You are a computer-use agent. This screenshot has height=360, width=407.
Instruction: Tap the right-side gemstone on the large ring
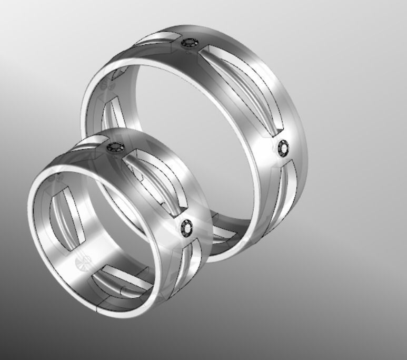point(283,149)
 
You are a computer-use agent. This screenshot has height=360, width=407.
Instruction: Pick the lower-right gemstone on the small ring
point(186,228)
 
